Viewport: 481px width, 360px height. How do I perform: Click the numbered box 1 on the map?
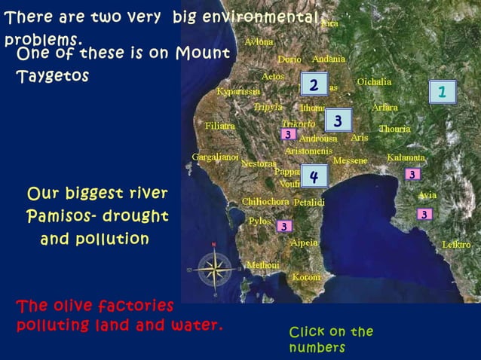(x=443, y=92)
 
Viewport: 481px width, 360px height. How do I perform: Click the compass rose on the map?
(x=214, y=267)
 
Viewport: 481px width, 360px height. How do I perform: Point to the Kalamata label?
(x=406, y=158)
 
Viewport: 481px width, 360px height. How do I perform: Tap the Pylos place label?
(x=259, y=221)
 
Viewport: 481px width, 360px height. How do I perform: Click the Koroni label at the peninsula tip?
(x=306, y=277)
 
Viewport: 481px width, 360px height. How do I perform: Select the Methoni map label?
(x=262, y=265)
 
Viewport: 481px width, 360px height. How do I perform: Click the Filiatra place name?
(x=220, y=126)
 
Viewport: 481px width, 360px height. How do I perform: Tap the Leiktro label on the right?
(x=456, y=245)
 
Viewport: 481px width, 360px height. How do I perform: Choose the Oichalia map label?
(x=374, y=81)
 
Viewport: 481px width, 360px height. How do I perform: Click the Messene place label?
(x=350, y=160)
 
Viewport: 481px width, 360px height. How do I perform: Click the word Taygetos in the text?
(x=52, y=77)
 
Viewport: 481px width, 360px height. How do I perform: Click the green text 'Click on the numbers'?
(x=330, y=340)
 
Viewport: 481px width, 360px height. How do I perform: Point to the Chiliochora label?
(x=265, y=202)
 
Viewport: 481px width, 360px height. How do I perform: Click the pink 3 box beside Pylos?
(x=283, y=226)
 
